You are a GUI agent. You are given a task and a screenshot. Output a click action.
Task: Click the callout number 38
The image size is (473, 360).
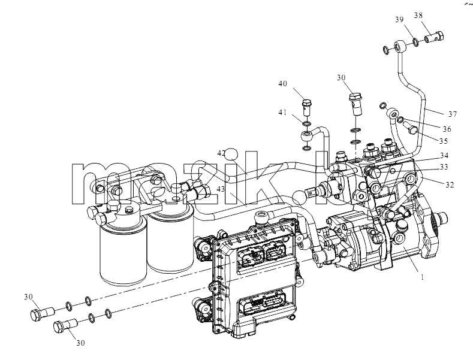tap(418, 16)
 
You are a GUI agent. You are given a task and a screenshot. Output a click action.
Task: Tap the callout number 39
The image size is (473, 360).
tap(399, 20)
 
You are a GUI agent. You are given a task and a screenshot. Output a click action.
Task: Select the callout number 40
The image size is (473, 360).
tap(282, 83)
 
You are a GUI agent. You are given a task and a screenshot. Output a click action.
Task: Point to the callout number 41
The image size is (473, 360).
tap(282, 113)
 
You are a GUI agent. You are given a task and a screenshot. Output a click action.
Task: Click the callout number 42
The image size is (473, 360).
tap(221, 153)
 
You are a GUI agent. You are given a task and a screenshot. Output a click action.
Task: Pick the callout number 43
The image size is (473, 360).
tap(221, 189)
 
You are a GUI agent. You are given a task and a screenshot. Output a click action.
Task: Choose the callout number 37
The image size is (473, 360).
tap(453, 114)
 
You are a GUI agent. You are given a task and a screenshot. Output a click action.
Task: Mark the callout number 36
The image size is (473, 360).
tap(447, 129)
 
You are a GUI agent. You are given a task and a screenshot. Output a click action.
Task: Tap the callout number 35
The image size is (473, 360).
tap(444, 141)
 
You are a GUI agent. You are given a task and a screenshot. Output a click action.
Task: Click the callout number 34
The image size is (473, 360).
tap(444, 156)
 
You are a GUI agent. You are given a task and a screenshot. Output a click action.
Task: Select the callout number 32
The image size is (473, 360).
tap(450, 184)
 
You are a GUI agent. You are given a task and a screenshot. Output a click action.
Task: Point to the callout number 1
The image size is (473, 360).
tap(422, 277)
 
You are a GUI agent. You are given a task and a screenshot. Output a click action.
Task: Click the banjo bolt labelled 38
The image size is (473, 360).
tap(435, 37)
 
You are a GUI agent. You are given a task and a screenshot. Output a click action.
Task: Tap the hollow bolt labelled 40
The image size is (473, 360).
tap(306, 107)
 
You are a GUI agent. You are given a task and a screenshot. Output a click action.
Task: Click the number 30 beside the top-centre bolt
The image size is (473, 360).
tap(341, 78)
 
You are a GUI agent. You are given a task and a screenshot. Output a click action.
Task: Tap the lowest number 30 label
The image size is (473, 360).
tap(80, 343)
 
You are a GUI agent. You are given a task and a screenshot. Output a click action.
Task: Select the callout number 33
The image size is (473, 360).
tap(444, 167)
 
